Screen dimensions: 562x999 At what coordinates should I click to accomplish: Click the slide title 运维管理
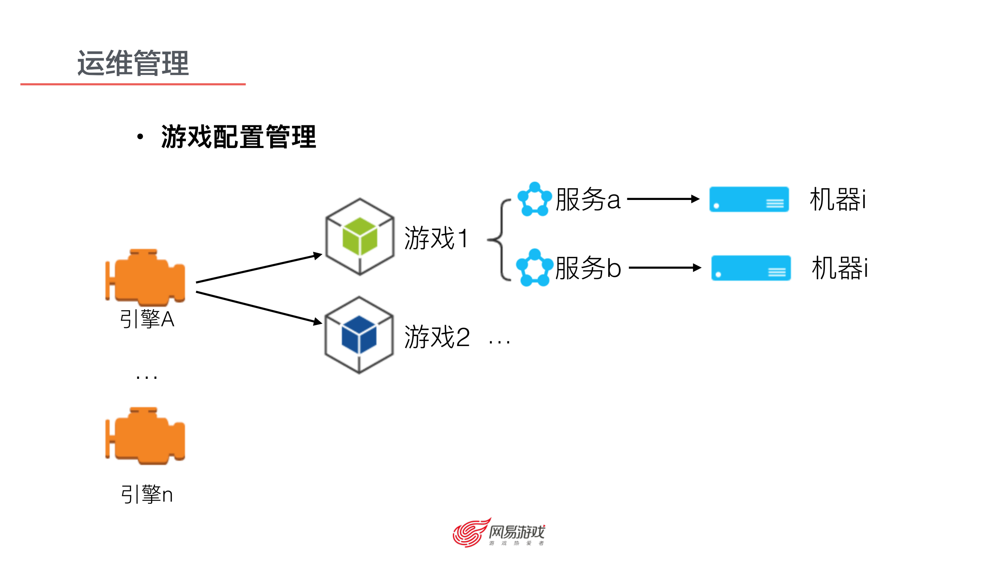click(133, 63)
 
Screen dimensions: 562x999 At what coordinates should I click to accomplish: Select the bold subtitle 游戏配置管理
click(238, 137)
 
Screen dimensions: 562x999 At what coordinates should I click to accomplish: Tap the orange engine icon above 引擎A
click(145, 277)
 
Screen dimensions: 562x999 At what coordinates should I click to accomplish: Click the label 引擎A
click(147, 319)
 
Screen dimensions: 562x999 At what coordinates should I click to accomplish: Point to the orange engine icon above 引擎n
click(145, 436)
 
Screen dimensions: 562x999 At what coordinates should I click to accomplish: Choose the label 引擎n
click(147, 494)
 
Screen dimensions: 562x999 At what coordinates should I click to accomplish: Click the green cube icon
click(360, 236)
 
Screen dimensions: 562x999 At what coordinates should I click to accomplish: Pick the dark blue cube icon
click(359, 335)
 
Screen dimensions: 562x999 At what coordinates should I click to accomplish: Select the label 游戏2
click(437, 337)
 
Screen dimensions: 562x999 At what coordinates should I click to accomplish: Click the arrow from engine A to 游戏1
click(259, 268)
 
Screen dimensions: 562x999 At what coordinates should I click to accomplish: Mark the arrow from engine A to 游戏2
click(259, 307)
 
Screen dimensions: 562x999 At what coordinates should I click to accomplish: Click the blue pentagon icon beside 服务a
click(534, 199)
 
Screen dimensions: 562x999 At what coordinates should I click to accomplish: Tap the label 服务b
click(588, 268)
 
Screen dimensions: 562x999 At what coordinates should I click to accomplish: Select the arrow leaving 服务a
click(663, 199)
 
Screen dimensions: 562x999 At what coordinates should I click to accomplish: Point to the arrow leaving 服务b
click(665, 268)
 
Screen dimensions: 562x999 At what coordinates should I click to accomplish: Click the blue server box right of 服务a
click(749, 199)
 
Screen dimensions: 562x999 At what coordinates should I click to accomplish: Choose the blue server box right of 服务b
click(751, 268)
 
